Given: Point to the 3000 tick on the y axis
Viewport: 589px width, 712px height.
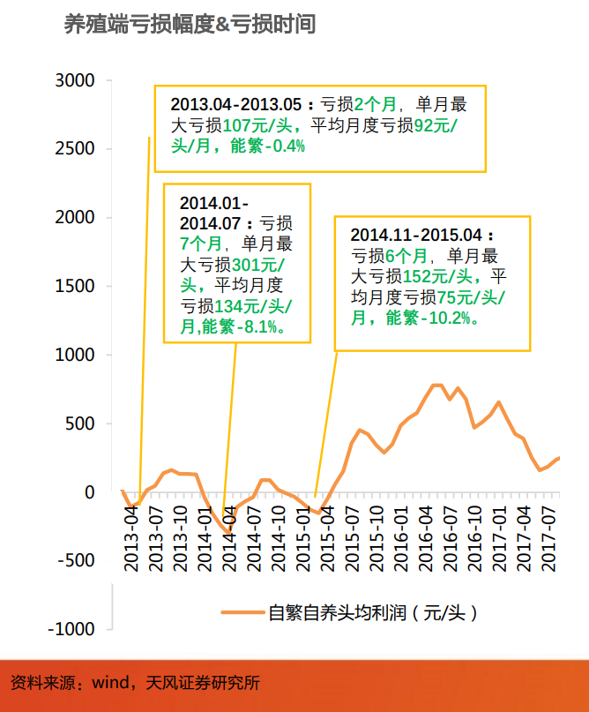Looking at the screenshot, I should tap(75, 81).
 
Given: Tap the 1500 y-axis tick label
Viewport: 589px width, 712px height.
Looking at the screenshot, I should tap(75, 287).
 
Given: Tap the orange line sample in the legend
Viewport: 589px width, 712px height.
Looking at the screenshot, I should tap(242, 611).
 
